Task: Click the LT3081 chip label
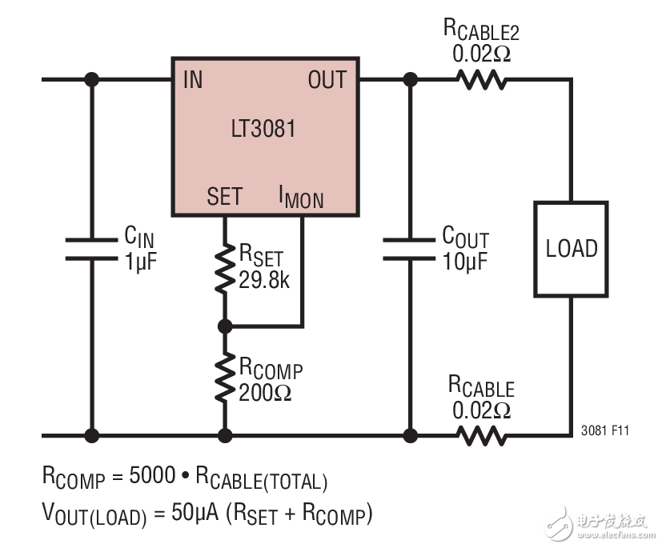(x=264, y=128)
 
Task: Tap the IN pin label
(x=193, y=80)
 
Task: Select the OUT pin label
(x=327, y=80)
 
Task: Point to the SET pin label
(x=224, y=197)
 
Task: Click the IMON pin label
(x=301, y=197)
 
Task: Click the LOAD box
(x=572, y=248)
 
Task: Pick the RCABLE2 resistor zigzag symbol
(x=481, y=80)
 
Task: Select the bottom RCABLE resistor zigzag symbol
(x=481, y=436)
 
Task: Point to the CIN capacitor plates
(x=92, y=248)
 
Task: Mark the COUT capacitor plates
(x=411, y=248)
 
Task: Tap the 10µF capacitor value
(x=465, y=261)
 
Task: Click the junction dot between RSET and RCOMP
(x=225, y=326)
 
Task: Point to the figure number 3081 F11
(x=605, y=430)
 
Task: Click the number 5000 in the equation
(x=152, y=477)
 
